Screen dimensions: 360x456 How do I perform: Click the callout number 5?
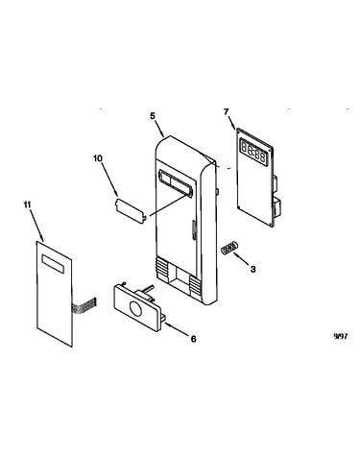point(153,116)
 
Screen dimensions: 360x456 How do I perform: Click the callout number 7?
point(227,112)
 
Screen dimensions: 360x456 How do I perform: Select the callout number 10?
point(98,158)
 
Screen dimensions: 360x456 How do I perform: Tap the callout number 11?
point(28,204)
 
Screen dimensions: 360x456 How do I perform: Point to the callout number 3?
point(252,269)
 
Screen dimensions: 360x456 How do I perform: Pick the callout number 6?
point(193,339)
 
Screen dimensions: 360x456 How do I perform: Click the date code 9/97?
point(341,336)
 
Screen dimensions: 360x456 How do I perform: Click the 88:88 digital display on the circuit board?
point(253,153)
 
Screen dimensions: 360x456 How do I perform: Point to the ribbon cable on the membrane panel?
point(84,305)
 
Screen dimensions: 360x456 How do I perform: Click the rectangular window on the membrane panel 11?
point(53,264)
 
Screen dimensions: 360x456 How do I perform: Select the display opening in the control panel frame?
point(176,182)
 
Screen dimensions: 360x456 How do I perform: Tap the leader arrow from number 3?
point(241,259)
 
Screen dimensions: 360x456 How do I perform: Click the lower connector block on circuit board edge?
point(276,207)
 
